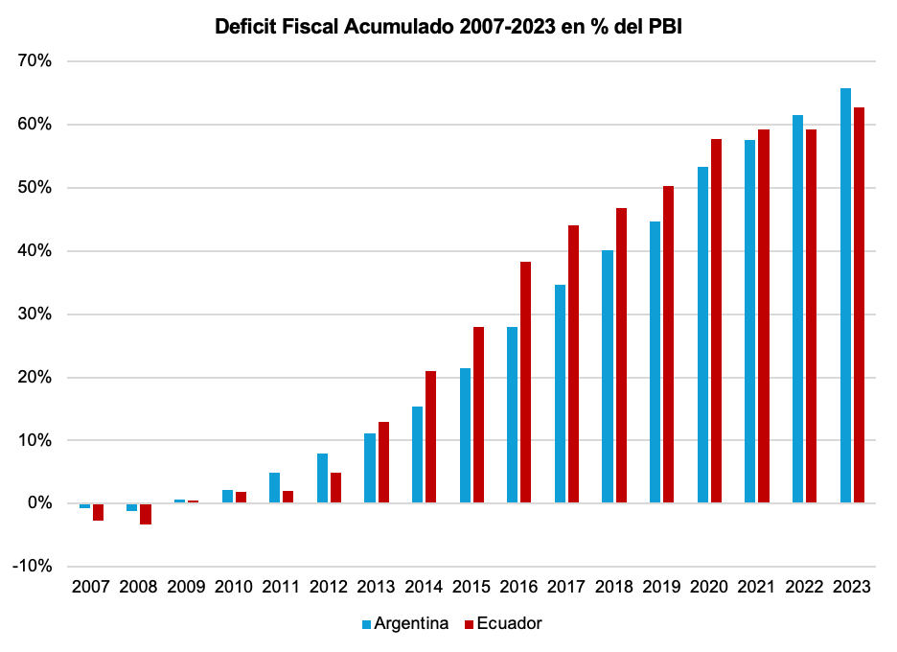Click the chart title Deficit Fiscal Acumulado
(448, 28)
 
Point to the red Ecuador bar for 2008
(146, 514)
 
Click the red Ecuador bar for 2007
(98, 512)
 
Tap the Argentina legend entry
(404, 623)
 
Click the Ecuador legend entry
(503, 623)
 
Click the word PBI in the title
(663, 28)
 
